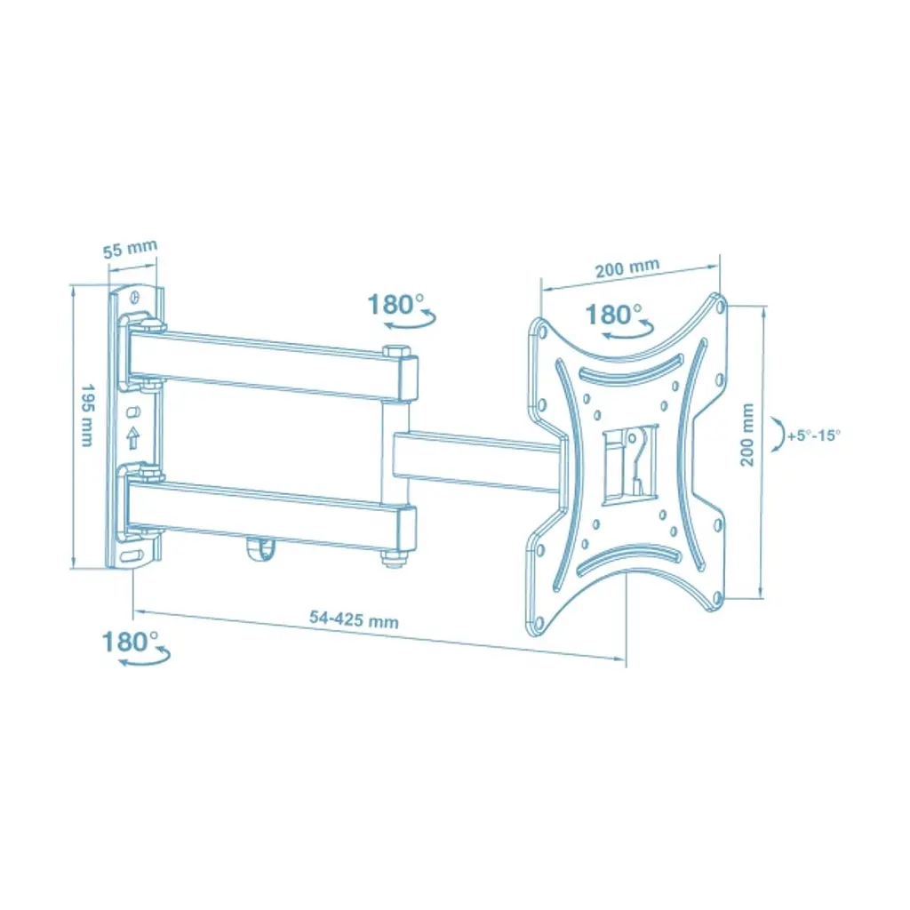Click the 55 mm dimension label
(130, 249)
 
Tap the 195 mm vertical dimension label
(86, 415)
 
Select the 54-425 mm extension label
(354, 619)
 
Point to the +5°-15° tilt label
(814, 435)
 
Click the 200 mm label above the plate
(627, 267)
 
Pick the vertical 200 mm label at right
(746, 435)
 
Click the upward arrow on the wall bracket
(133, 437)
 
